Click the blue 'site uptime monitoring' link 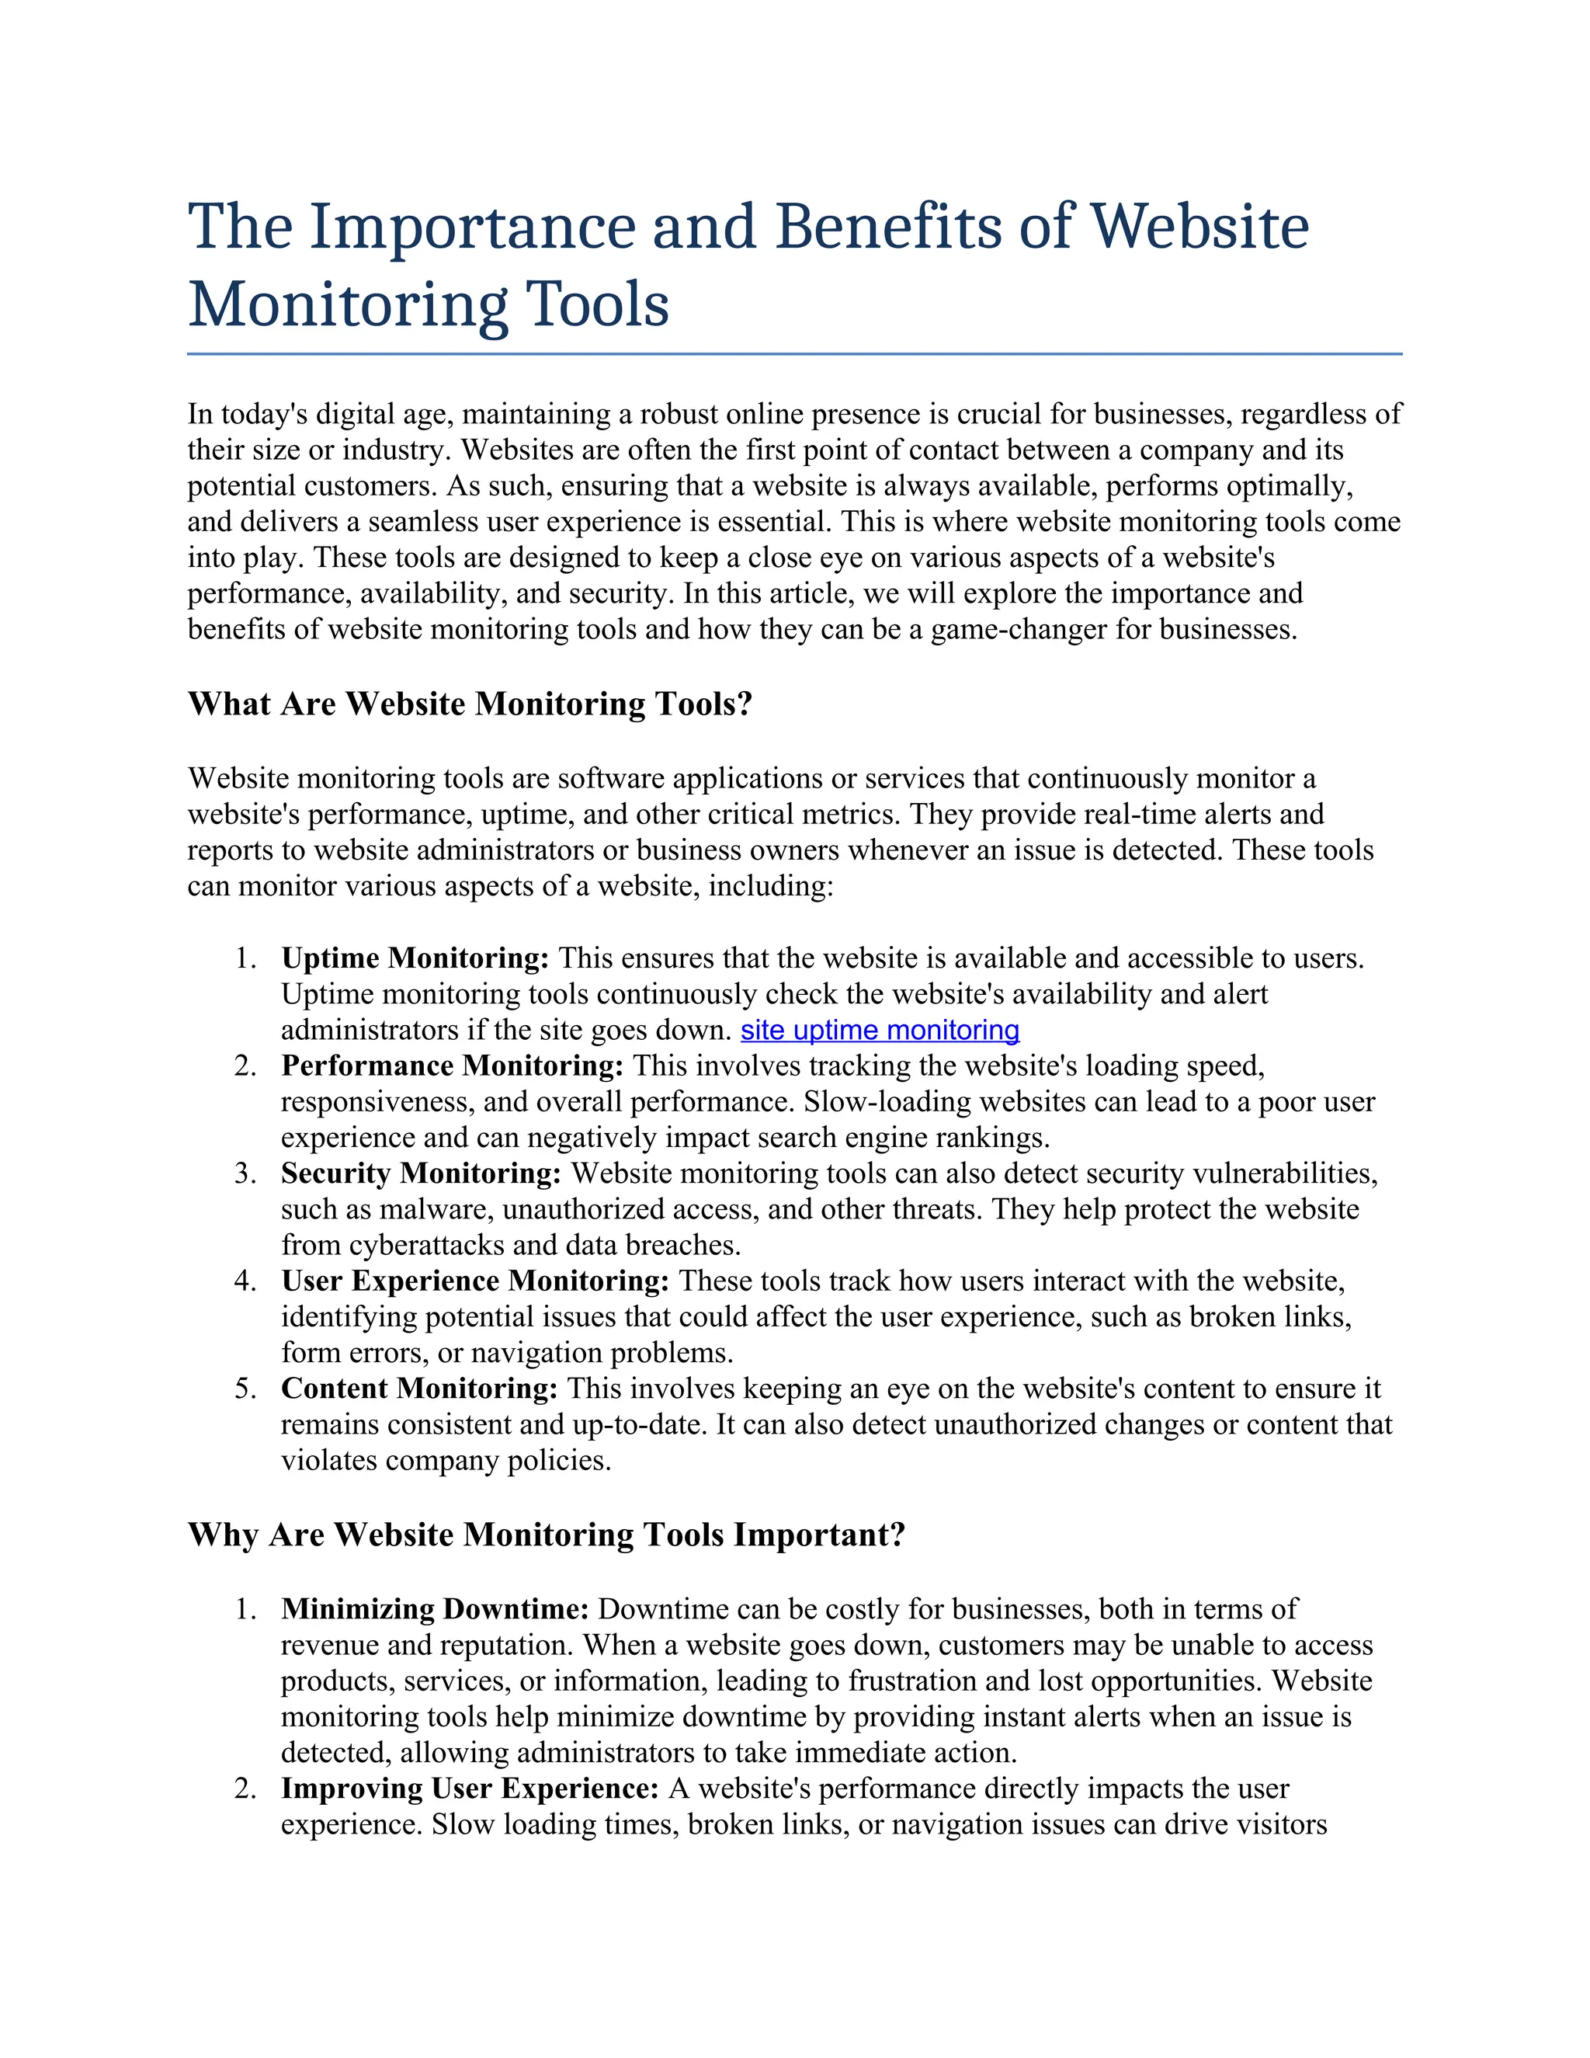(x=880, y=1030)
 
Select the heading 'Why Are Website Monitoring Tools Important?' (x=547, y=1535)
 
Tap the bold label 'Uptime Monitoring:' (x=415, y=958)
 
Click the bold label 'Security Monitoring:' (x=421, y=1173)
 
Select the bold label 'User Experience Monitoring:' (x=474, y=1281)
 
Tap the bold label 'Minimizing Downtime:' (x=436, y=1608)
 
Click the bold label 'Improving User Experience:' (x=469, y=1788)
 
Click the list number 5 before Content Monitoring (x=244, y=1389)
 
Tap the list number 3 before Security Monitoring (x=244, y=1174)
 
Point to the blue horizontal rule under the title (x=794, y=354)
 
